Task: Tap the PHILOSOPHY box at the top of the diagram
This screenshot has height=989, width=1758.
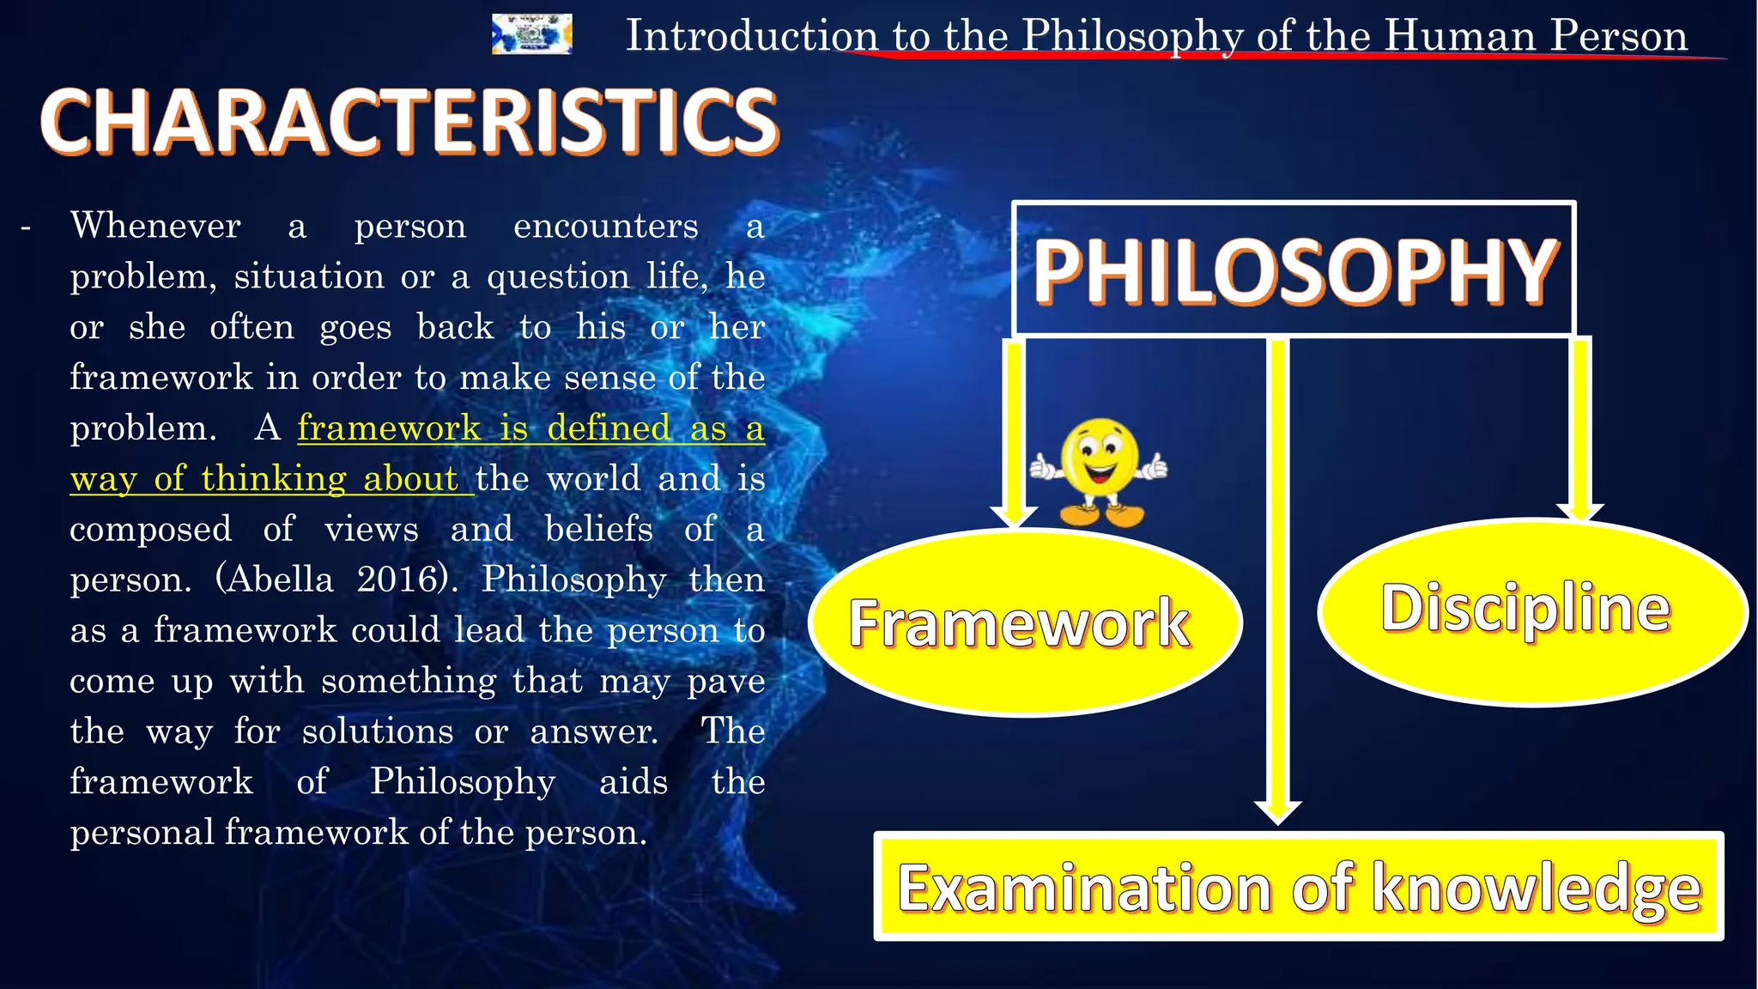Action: pyautogui.click(x=1294, y=270)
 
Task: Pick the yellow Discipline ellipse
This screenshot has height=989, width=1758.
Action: pyautogui.click(x=1531, y=611)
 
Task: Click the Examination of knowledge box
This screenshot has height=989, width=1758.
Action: pyautogui.click(x=1298, y=887)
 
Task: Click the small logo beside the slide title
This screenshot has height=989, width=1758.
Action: pyautogui.click(x=531, y=35)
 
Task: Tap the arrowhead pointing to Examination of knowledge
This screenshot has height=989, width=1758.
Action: pyautogui.click(x=1277, y=811)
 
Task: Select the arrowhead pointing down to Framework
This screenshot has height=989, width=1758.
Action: pyautogui.click(x=1014, y=516)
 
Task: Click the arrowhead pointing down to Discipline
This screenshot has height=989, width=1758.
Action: pyautogui.click(x=1579, y=512)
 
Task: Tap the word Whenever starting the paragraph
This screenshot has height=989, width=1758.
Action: pyautogui.click(x=155, y=226)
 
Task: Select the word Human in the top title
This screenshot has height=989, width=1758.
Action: pyautogui.click(x=1459, y=36)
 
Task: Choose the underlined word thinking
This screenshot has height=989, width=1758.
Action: pyautogui.click(x=274, y=478)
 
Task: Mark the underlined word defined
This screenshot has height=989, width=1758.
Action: pyautogui.click(x=609, y=428)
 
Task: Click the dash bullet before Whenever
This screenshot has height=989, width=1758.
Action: pyautogui.click(x=26, y=228)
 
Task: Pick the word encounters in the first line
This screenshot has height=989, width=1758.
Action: pyautogui.click(x=605, y=226)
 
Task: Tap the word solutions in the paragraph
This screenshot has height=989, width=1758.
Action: pyautogui.click(x=378, y=731)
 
